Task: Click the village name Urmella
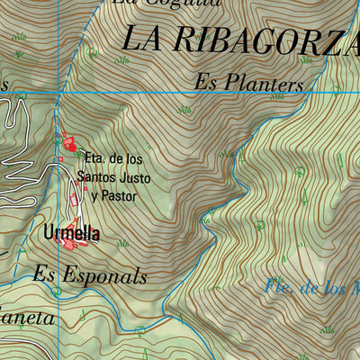[x=70, y=234]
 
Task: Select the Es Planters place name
[x=249, y=84]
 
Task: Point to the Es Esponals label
[x=90, y=276]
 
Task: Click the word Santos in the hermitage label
[x=102, y=177]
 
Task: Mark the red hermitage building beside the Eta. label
[x=67, y=143]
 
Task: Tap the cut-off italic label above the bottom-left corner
[x=27, y=319]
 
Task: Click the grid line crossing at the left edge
[x=58, y=92]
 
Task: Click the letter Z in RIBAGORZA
[x=322, y=40]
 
